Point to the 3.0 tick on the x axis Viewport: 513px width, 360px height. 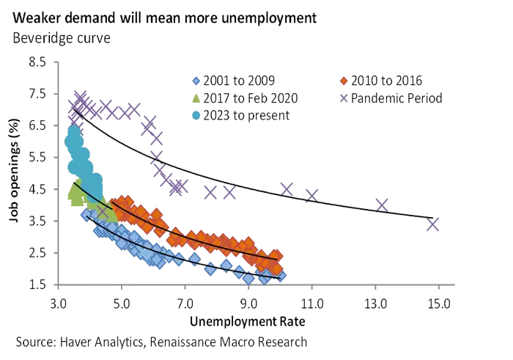coord(58,301)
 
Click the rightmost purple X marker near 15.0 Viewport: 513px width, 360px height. coord(432,224)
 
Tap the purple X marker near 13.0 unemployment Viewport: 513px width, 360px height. coord(382,205)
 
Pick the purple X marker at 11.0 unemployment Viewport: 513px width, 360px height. coord(312,195)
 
